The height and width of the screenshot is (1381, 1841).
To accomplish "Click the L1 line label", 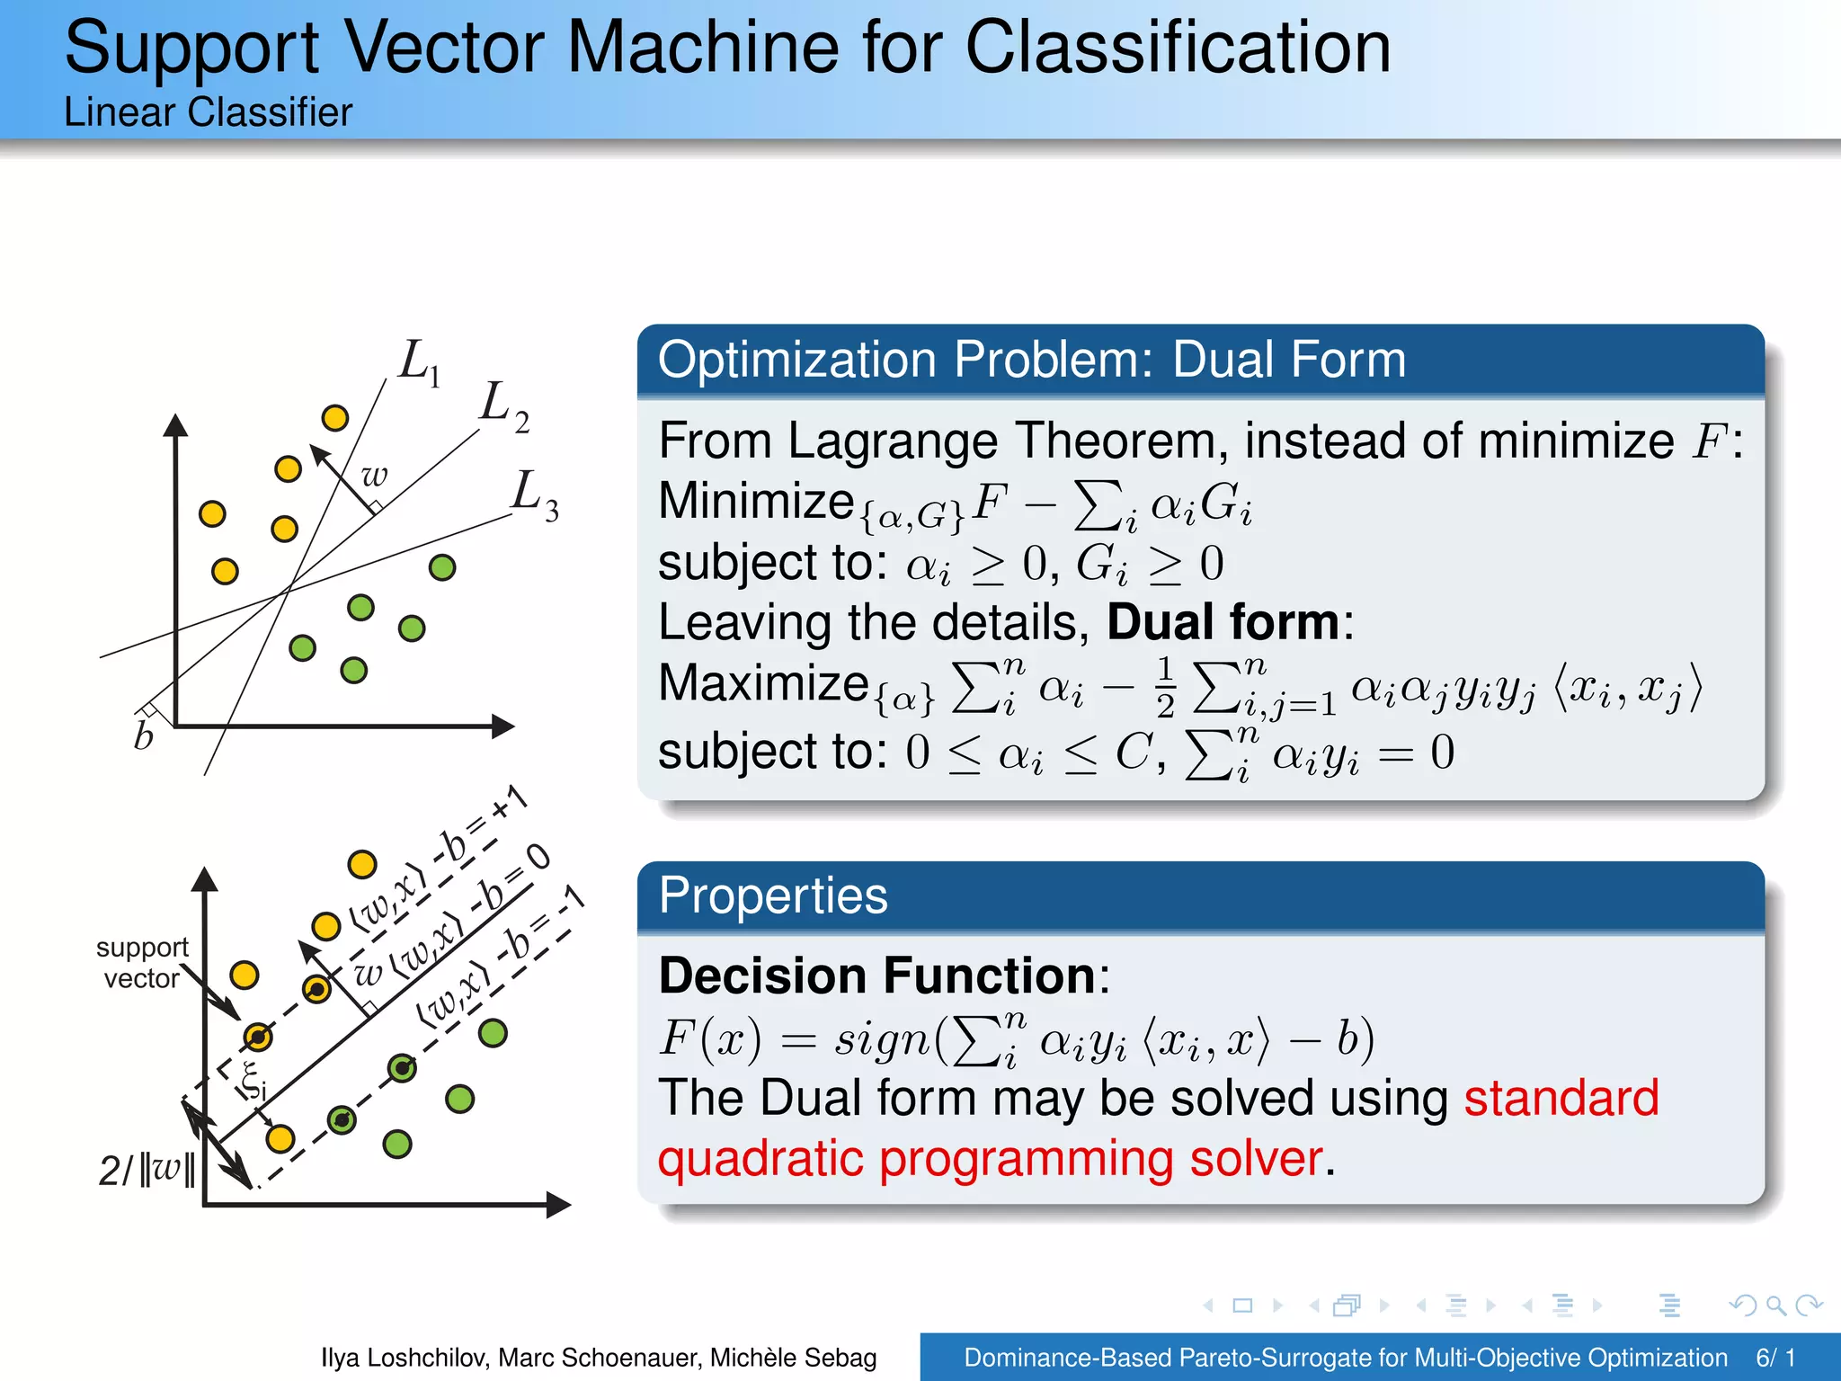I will point(420,363).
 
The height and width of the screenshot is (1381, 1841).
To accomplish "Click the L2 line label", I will point(504,405).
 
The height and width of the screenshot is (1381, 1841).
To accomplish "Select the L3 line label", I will point(535,495).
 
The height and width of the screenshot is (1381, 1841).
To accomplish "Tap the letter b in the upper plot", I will point(144,736).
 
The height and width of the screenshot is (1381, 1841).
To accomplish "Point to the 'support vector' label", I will point(141,963).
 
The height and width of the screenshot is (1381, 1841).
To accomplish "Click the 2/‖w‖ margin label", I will point(147,1170).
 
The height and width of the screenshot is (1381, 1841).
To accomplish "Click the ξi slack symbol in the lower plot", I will point(253,1082).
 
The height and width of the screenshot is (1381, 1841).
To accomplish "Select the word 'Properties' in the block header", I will point(773,895).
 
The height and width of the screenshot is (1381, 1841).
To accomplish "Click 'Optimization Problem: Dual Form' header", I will point(1031,360).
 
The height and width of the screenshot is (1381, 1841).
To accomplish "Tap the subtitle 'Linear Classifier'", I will point(208,112).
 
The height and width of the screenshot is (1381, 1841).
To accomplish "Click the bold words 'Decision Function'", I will point(876,976).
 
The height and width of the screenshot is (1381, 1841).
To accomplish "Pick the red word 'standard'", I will point(1561,1098).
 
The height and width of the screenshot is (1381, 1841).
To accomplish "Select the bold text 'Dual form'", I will point(1223,622).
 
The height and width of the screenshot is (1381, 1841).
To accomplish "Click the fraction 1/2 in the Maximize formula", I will point(1165,687).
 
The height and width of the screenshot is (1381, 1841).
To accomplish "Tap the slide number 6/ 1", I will point(1775,1358).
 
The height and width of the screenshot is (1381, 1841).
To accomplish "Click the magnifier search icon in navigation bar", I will point(1775,1305).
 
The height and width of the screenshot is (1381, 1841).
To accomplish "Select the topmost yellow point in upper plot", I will point(334,418).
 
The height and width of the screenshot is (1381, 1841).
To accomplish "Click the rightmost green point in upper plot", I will point(442,567).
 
